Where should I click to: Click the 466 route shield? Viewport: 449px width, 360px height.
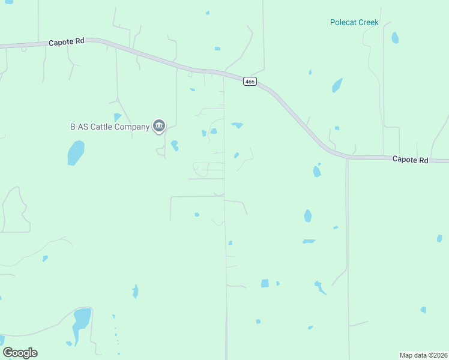coord(250,82)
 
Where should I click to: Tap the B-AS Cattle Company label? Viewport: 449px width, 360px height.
coord(109,127)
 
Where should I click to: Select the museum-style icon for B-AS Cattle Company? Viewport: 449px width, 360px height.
coord(159,125)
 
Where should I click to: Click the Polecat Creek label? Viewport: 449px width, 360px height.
coord(354,22)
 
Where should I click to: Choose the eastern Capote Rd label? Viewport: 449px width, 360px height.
coord(410,160)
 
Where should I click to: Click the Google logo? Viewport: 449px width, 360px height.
coord(20,353)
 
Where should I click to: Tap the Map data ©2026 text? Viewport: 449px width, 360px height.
coord(423,355)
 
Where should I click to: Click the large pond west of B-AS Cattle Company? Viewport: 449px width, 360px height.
coord(76,152)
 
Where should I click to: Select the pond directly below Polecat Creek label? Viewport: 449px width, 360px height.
coord(395,38)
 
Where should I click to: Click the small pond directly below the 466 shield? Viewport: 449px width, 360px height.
coord(237,125)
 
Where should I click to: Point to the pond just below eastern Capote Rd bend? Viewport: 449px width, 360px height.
coord(316,172)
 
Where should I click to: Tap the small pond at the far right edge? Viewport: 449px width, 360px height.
coord(439,238)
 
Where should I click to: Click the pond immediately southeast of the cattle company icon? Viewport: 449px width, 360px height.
coord(174,145)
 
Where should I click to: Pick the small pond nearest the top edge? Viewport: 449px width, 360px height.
coord(208,13)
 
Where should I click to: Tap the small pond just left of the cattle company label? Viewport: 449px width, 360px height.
coord(117,117)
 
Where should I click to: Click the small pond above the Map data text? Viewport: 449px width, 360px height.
coord(423,310)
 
